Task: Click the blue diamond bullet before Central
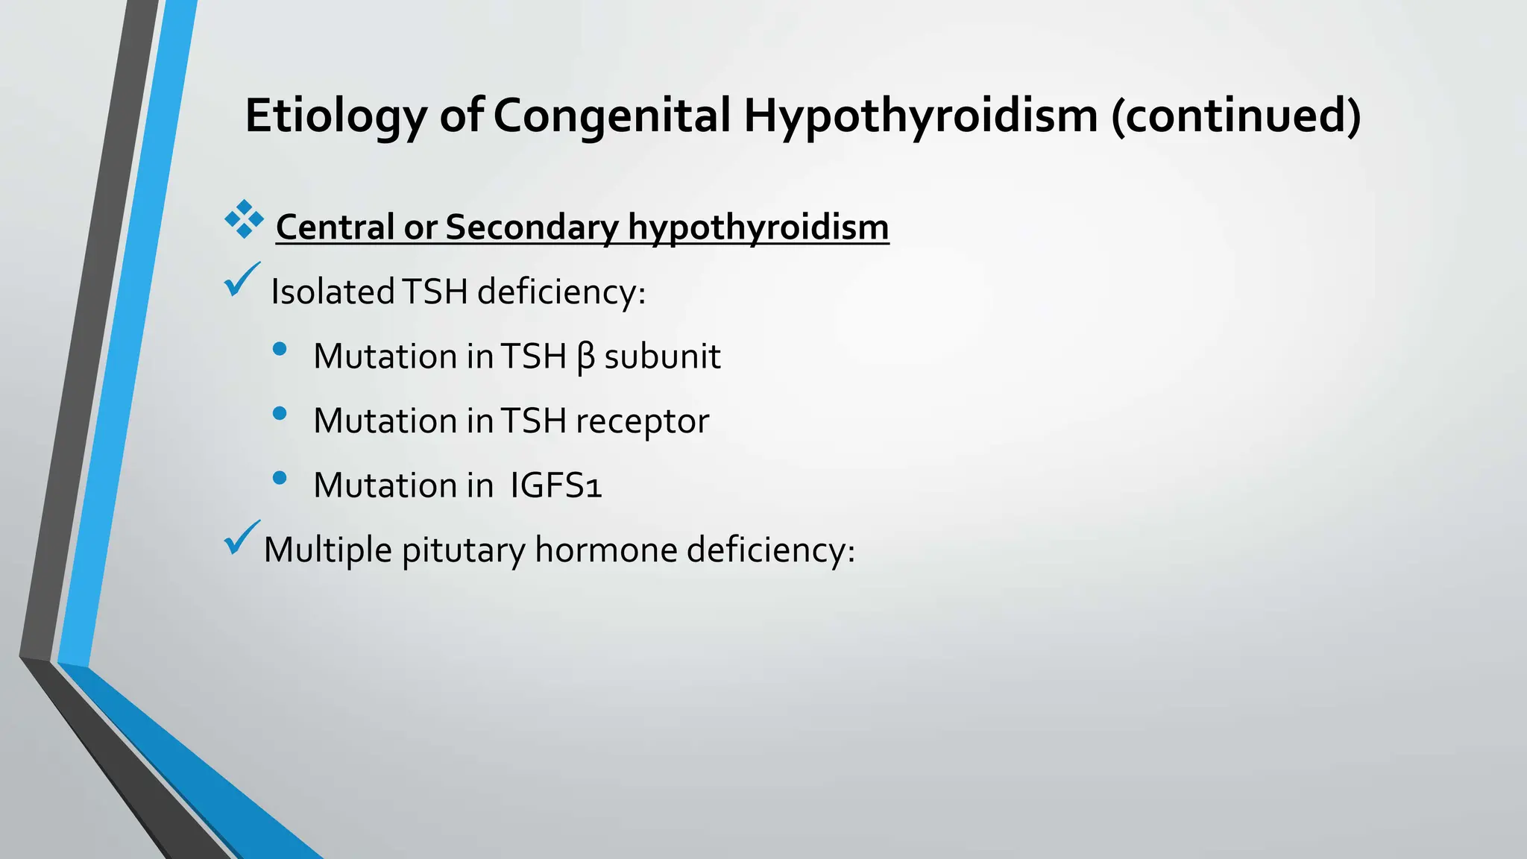click(244, 219)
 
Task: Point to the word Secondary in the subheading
click(532, 227)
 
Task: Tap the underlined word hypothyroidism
click(758, 227)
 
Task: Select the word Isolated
click(333, 292)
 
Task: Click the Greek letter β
click(586, 357)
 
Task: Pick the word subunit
click(662, 356)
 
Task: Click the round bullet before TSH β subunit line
click(280, 349)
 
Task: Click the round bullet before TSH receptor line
click(280, 414)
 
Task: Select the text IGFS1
click(555, 485)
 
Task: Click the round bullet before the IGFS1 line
click(280, 478)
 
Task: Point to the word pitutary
click(463, 550)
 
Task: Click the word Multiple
click(327, 550)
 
